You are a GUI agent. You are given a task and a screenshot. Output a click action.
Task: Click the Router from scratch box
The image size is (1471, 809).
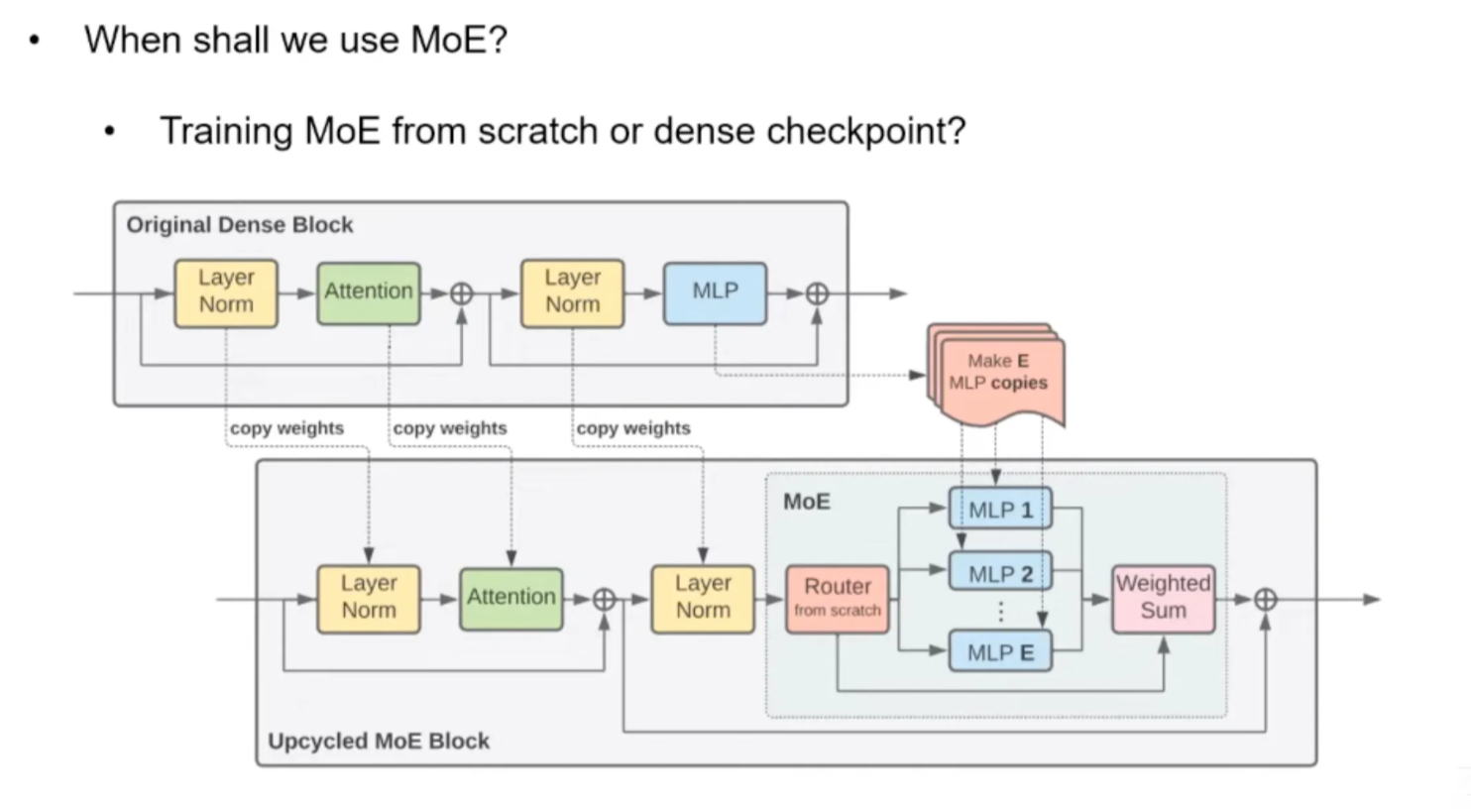pyautogui.click(x=837, y=598)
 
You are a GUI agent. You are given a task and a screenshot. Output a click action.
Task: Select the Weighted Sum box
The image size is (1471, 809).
pyautogui.click(x=1163, y=597)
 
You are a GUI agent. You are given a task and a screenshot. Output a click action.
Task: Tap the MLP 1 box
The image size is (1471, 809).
pyautogui.click(x=1000, y=510)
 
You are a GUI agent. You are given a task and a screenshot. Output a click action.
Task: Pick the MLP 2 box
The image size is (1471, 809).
pyautogui.click(x=1000, y=574)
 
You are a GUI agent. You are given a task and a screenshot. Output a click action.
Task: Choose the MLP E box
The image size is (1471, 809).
pyautogui.click(x=1000, y=652)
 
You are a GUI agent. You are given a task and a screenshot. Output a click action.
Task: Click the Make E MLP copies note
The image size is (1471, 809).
pyautogui.click(x=997, y=373)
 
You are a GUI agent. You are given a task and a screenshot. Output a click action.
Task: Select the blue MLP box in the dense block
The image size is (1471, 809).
pyautogui.click(x=715, y=291)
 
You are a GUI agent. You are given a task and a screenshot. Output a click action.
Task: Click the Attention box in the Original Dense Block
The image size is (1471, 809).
pyautogui.click(x=369, y=291)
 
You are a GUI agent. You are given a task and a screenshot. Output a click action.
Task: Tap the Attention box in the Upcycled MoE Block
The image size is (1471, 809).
pyautogui.click(x=511, y=597)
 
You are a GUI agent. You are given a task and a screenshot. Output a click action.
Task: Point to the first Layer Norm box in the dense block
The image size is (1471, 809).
pyautogui.click(x=226, y=291)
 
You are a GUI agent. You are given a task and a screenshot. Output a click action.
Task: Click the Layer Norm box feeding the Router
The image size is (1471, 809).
pyautogui.click(x=703, y=597)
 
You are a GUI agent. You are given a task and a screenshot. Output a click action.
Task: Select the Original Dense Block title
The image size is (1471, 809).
pyautogui.click(x=240, y=225)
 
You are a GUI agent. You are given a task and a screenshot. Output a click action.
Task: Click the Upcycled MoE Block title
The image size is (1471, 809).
pyautogui.click(x=379, y=742)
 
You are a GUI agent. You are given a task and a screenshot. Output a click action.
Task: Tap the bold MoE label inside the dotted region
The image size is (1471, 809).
pyautogui.click(x=807, y=502)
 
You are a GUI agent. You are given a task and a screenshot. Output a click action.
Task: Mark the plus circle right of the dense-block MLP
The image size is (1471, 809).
pyautogui.click(x=817, y=293)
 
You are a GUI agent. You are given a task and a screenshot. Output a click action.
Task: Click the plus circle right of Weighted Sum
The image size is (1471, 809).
pyautogui.click(x=1265, y=599)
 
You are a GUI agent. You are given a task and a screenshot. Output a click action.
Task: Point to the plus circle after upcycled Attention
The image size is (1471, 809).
pyautogui.click(x=605, y=599)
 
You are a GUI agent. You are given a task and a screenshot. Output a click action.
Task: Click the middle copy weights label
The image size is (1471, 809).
pyautogui.click(x=450, y=428)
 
